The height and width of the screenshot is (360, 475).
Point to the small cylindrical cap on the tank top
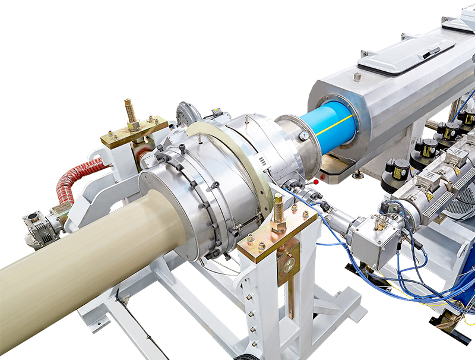tap(357, 77)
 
